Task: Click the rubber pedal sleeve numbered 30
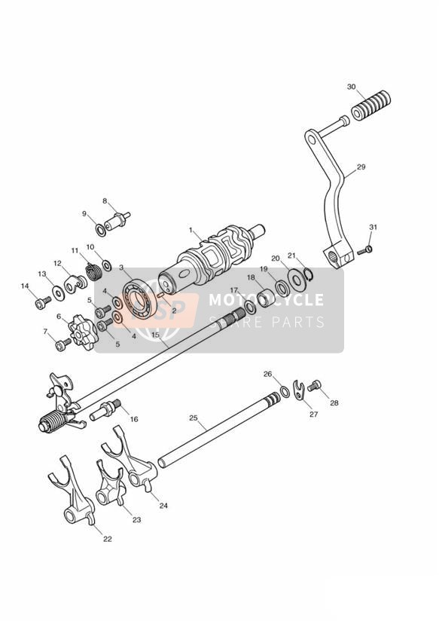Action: tap(371, 105)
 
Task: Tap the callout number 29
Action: tap(361, 167)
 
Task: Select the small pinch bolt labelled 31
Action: tap(365, 250)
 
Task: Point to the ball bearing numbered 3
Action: tap(139, 300)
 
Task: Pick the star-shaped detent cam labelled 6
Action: tap(83, 336)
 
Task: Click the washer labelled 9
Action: tap(101, 229)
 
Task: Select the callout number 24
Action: tap(163, 506)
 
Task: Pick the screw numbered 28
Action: tap(314, 385)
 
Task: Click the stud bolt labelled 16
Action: tap(105, 409)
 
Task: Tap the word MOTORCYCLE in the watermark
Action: tap(266, 299)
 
